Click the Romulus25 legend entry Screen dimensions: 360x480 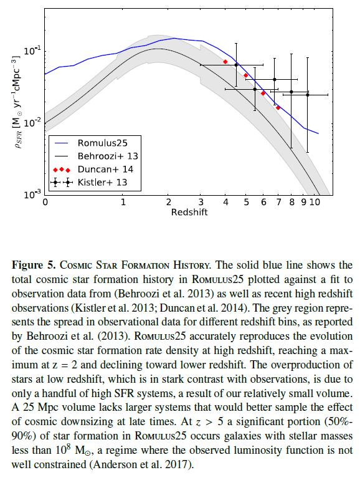(x=103, y=143)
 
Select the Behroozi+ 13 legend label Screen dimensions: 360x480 (x=108, y=156)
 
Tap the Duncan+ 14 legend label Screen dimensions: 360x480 (x=105, y=170)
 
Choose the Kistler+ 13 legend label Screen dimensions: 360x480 (x=103, y=183)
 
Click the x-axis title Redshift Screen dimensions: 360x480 (x=189, y=212)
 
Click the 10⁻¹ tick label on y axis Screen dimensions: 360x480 (x=32, y=50)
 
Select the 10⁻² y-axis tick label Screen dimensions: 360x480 (x=32, y=122)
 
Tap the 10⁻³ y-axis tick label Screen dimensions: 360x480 (x=32, y=194)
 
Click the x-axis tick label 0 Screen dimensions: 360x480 (x=45, y=202)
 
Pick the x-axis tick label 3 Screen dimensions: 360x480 (x=201, y=202)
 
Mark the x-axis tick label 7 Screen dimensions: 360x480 (x=278, y=202)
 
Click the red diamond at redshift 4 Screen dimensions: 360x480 (x=225, y=62)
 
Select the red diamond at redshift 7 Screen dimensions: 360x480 (x=278, y=108)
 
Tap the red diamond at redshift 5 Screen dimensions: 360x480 (x=246, y=75)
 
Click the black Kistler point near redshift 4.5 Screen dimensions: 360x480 (x=236, y=65)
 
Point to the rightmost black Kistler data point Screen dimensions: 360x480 (x=308, y=95)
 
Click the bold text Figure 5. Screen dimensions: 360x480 (x=34, y=265)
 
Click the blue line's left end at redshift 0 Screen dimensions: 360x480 (x=45, y=74)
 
